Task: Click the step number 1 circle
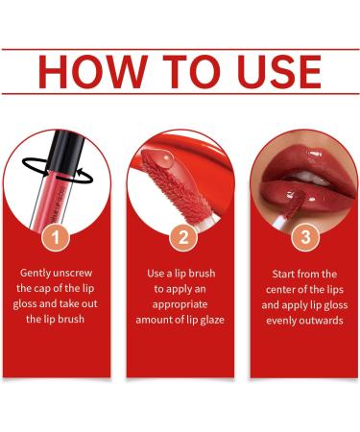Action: tap(57, 236)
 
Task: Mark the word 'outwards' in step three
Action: tap(324, 320)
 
